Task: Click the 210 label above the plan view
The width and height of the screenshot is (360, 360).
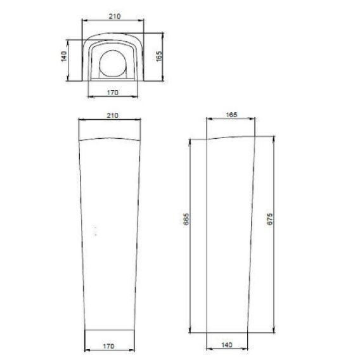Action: pyautogui.click(x=114, y=16)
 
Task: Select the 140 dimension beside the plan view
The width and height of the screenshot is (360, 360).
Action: pyautogui.click(x=64, y=56)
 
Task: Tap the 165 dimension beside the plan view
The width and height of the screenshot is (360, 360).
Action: pyautogui.click(x=159, y=56)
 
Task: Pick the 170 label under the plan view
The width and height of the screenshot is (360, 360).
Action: pyautogui.click(x=113, y=93)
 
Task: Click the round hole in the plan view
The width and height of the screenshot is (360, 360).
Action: pyautogui.click(x=113, y=63)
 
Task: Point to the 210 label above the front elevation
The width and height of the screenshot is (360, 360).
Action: pyautogui.click(x=113, y=115)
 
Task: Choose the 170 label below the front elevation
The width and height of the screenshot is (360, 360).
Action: pyautogui.click(x=108, y=346)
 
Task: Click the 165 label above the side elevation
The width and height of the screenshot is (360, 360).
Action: pyautogui.click(x=231, y=115)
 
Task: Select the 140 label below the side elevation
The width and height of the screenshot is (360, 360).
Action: pyautogui.click(x=227, y=345)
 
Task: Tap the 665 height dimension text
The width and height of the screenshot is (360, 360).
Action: pyautogui.click(x=186, y=219)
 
